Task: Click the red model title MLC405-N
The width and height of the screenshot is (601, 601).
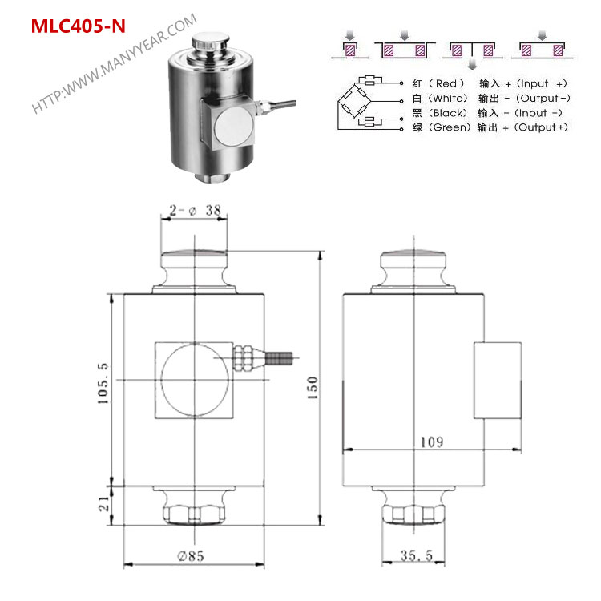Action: pyautogui.click(x=79, y=26)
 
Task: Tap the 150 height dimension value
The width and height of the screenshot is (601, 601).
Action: pyautogui.click(x=313, y=388)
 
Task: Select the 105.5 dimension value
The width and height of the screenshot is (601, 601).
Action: pyautogui.click(x=103, y=383)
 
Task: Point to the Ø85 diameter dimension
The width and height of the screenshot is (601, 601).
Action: pyautogui.click(x=191, y=556)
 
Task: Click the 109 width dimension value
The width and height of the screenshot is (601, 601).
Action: pyautogui.click(x=432, y=442)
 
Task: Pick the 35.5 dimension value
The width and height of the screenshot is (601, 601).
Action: pyautogui.click(x=416, y=555)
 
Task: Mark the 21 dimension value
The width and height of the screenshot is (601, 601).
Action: pyautogui.click(x=104, y=504)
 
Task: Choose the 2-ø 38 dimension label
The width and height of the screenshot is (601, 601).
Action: pyautogui.click(x=195, y=210)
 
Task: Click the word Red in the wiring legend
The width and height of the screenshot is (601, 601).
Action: pyautogui.click(x=446, y=83)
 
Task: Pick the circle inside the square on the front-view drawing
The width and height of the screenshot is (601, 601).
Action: pyautogui.click(x=196, y=380)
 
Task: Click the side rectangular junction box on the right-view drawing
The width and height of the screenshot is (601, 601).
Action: pyautogui.click(x=498, y=380)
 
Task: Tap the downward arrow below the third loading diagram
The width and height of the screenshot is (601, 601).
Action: pyautogui.click(x=472, y=64)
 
